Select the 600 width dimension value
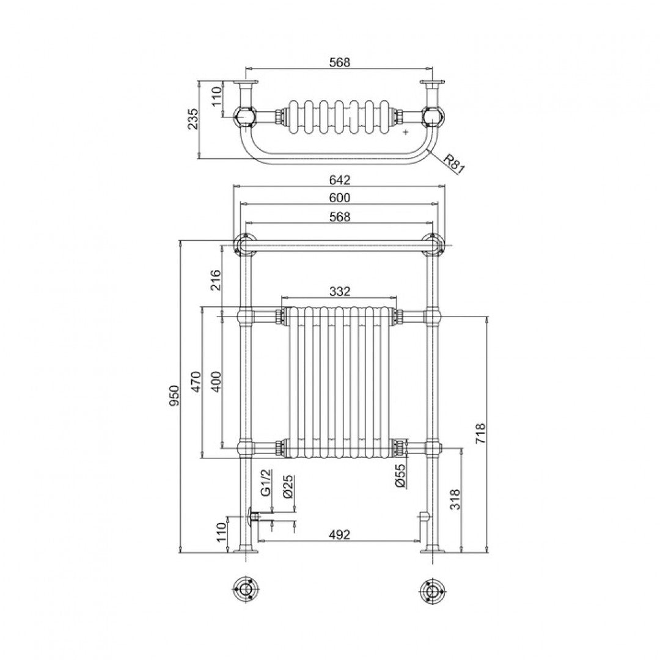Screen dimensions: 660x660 pos(340,197)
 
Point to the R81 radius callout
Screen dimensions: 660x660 pos(453,164)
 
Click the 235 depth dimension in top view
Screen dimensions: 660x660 pos(193,120)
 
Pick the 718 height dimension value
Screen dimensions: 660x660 pos(480,434)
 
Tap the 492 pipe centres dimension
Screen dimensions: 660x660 pos(340,534)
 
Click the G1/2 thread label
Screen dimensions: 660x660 pos(265,483)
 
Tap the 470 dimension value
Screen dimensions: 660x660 pos(196,382)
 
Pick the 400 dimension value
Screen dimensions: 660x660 pos(215,382)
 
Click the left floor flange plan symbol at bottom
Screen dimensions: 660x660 pos(246,590)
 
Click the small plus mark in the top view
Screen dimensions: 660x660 pos(406,132)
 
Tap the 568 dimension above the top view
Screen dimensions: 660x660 pos(340,62)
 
